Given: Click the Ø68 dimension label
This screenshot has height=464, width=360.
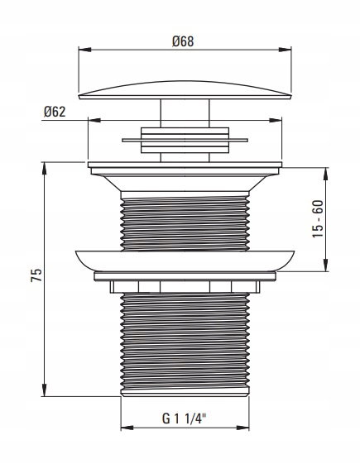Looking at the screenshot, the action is coord(183,41).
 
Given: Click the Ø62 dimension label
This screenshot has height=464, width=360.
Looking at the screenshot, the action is coord(55,112).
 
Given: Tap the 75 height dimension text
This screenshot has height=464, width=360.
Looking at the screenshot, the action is coord(36,275).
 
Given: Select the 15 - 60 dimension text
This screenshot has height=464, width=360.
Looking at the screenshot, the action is coord(319,219).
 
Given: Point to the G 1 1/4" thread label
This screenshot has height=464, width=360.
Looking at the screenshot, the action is coord(184,419).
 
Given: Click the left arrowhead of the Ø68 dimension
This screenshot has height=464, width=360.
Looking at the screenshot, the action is coord(84,50).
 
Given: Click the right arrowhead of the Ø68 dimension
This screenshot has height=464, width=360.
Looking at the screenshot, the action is coord(285,50).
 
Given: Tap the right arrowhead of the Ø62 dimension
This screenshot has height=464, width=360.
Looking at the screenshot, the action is coord(276,120).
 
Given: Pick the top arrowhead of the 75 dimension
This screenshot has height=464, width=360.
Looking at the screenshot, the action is coord(45,169).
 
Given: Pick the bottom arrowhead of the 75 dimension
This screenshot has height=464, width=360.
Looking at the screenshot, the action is coord(45,390).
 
